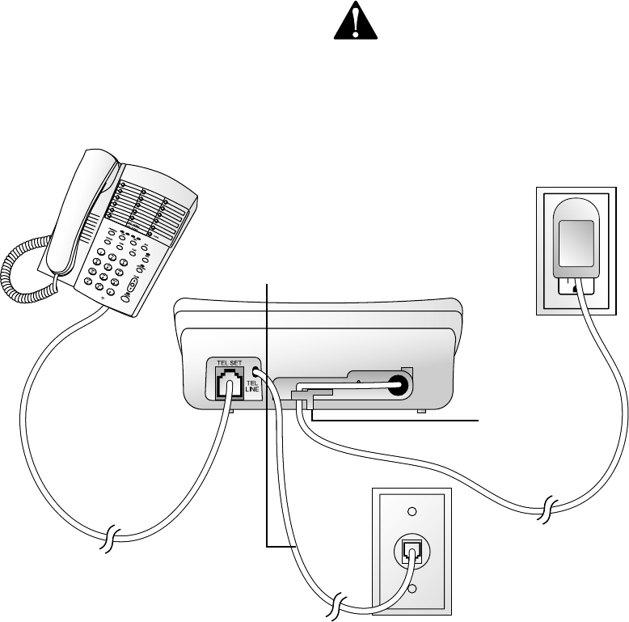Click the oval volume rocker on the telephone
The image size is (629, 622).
(130, 284)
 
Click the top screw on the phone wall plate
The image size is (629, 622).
(412, 511)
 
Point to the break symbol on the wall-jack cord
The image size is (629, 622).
(340, 603)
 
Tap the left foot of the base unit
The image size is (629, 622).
(232, 412)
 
